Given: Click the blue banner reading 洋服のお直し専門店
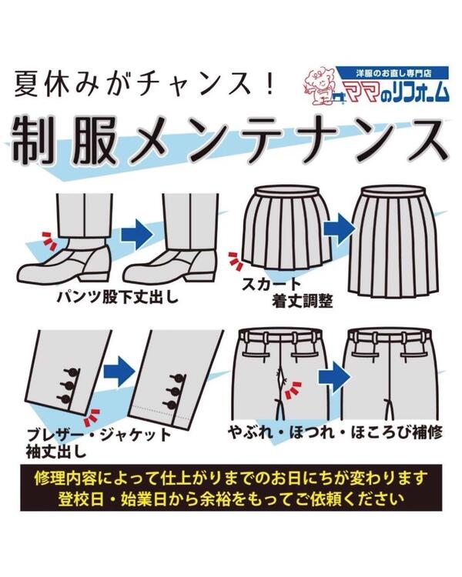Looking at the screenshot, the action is coord(393,73).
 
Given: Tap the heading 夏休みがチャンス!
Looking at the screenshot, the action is coord(145,85).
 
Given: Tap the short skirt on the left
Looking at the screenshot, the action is coord(286,228).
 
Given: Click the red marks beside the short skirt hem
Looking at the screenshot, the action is coord(235,259).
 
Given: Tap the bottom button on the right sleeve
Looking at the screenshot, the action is coord(173,404).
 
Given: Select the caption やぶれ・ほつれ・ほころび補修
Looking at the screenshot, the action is coord(335,432).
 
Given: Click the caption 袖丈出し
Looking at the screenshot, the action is coord(55,451).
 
